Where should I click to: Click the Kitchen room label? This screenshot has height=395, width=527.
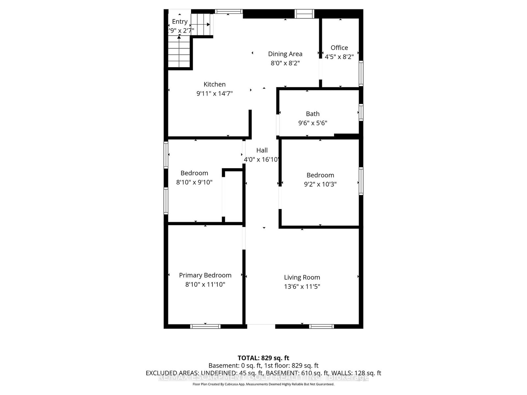214,84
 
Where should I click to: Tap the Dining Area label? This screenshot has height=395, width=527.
285,54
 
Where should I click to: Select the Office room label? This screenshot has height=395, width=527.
339,48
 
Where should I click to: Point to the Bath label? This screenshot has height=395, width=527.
313,114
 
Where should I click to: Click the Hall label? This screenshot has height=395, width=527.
262,150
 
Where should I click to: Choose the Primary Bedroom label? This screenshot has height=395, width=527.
205,275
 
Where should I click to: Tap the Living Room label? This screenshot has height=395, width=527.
302,277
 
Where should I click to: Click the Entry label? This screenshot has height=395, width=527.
180,22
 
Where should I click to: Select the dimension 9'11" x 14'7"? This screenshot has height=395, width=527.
214,93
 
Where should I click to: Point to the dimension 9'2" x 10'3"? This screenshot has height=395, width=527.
320,184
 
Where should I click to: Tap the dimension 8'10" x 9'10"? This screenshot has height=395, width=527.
194,182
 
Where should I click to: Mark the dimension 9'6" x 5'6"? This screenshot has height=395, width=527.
313,123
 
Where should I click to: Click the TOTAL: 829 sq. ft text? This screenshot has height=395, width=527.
263,358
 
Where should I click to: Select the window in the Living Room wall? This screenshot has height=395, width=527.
321,326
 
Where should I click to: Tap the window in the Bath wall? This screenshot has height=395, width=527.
361,112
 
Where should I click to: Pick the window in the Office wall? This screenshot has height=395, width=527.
361,73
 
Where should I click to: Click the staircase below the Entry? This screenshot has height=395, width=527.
180,53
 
